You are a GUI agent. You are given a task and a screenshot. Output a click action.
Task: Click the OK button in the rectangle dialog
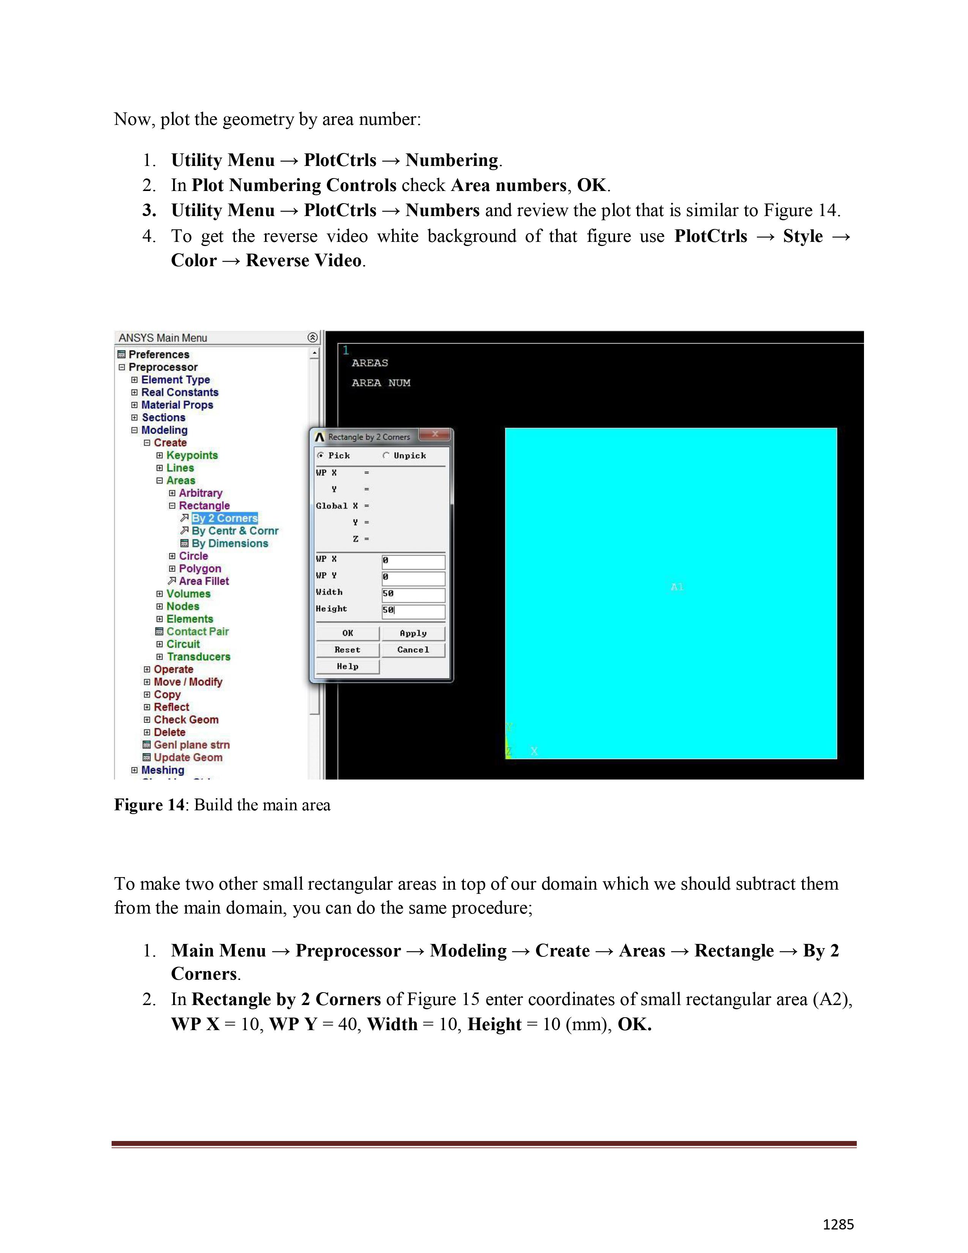coord(347,633)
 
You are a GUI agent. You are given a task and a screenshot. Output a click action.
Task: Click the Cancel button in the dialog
coord(413,650)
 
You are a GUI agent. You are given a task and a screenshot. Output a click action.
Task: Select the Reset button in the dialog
coord(347,650)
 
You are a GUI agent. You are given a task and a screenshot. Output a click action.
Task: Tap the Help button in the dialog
coord(347,667)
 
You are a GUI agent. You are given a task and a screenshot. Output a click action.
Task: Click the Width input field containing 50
coord(413,594)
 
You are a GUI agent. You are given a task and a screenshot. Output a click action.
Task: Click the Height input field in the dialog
coord(413,611)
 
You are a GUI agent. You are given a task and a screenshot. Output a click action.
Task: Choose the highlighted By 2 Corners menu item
coord(224,518)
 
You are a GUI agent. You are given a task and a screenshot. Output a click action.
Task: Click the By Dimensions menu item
coord(229,543)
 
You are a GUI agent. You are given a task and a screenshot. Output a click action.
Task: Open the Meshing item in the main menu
coord(162,770)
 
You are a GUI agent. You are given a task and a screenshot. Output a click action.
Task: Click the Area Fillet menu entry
coord(203,581)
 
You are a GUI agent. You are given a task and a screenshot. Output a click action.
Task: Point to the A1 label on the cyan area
coord(677,587)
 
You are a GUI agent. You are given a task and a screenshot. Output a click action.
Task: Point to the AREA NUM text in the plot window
coord(381,383)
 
